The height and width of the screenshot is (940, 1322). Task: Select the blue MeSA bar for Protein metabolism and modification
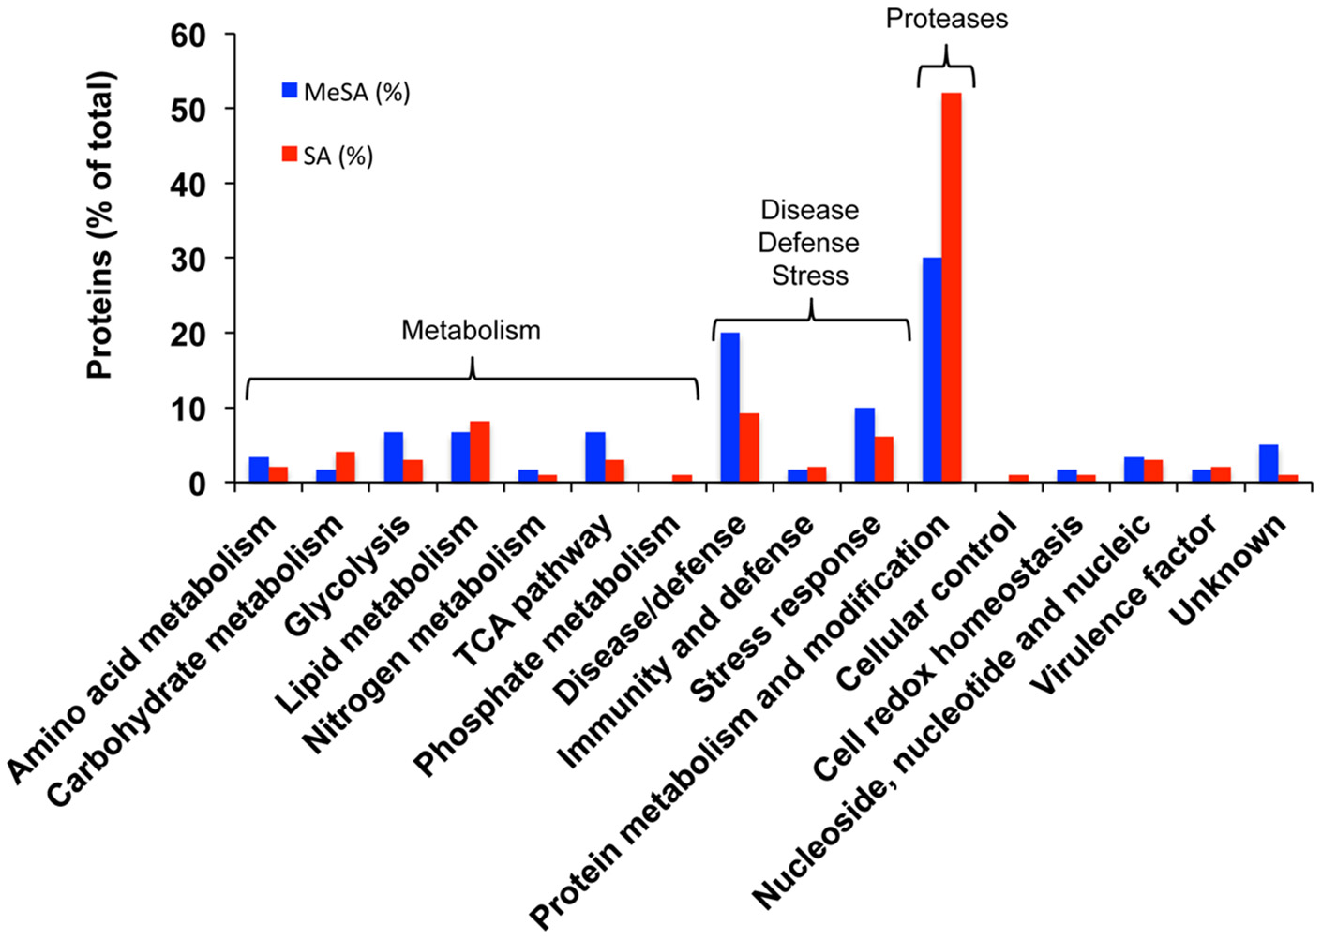click(932, 370)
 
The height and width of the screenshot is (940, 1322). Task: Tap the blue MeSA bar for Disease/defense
click(729, 408)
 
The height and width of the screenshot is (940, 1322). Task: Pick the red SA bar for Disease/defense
click(749, 448)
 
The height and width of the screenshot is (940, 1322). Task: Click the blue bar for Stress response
click(864, 445)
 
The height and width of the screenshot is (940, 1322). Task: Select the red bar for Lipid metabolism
click(479, 452)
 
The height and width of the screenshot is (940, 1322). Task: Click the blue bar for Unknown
click(1269, 464)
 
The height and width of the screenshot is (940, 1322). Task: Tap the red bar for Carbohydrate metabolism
click(345, 467)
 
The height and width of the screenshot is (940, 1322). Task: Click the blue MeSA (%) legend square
click(290, 91)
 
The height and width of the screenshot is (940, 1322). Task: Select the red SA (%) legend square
click(290, 155)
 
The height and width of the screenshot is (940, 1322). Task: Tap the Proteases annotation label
click(946, 19)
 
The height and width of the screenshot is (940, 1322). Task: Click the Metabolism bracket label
click(471, 331)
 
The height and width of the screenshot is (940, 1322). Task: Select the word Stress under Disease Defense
click(810, 276)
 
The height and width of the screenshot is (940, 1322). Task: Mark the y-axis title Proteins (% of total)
click(99, 225)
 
